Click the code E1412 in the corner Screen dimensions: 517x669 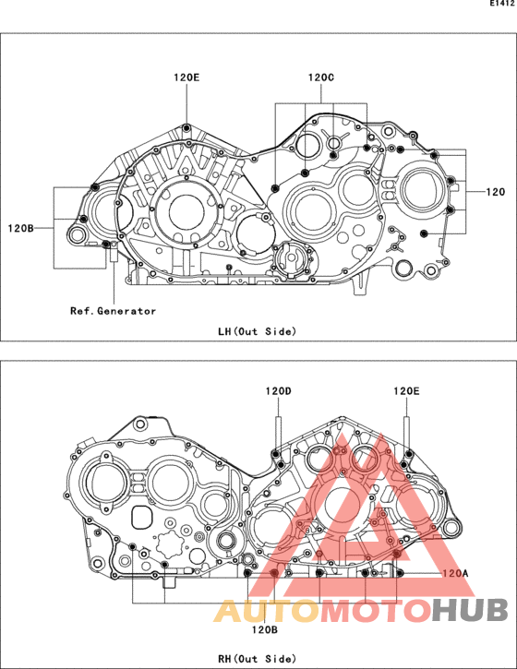502,4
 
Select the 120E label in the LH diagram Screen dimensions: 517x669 186,78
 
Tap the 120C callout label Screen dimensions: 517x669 321,78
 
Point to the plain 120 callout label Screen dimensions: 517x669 495,192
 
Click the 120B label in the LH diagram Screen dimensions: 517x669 20,228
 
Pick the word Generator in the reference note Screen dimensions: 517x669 126,311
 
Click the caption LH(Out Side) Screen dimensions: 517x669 257,331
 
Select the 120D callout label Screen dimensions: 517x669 278,391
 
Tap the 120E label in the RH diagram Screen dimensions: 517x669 406,391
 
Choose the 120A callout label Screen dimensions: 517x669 455,573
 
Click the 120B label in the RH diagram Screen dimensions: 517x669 265,629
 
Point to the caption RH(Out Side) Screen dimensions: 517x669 257,659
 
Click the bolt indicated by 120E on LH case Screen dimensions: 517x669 186,128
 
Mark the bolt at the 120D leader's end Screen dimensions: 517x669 276,454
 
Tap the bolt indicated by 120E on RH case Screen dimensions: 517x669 409,454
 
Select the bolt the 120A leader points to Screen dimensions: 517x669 399,573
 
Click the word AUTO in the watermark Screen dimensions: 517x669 267,611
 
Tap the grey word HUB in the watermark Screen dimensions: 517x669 470,611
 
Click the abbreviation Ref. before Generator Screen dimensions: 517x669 82,311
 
